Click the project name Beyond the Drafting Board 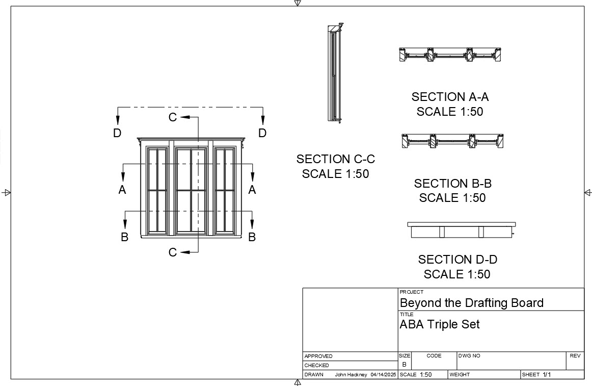[472, 303]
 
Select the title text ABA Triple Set [440, 324]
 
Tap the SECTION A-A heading [450, 97]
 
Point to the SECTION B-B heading [453, 184]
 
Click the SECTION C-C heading [336, 159]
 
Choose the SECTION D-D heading [458, 260]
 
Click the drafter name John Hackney [351, 375]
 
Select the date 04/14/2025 [383, 375]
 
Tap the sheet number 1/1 [547, 375]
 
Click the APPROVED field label [318, 356]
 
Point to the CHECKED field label [316, 365]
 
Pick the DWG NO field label [469, 356]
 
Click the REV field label [575, 356]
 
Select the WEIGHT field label [460, 375]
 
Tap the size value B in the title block [404, 365]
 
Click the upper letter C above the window [173, 117]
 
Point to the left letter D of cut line [117, 133]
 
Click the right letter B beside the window [252, 237]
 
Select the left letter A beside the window [122, 189]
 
